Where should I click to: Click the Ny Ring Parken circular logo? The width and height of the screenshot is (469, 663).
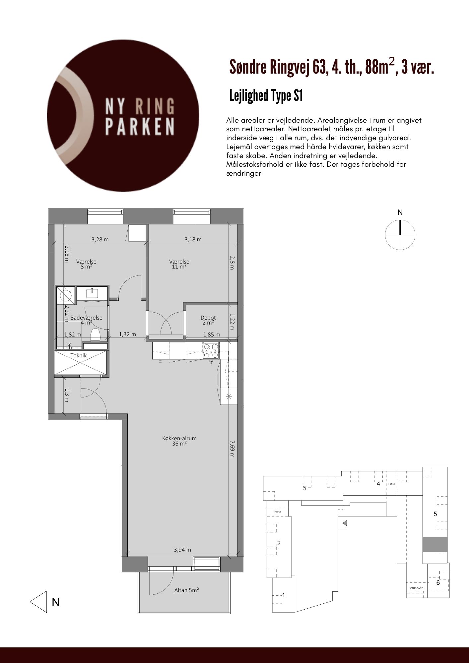pos(123,116)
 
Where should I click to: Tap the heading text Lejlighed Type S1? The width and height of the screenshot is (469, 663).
pos(266,96)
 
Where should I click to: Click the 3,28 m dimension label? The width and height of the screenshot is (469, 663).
pos(100,239)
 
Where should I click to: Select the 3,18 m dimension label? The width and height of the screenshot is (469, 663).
pos(193,239)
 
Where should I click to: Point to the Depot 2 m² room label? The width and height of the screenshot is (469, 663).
pos(208,320)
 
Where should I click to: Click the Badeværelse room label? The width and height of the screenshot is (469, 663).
pos(86,318)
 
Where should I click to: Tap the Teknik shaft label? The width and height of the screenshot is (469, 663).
pos(79,355)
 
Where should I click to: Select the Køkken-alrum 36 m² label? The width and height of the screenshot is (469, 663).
pos(179,441)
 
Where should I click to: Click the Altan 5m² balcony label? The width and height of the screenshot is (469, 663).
pos(186,590)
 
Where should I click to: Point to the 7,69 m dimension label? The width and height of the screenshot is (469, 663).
pos(232,449)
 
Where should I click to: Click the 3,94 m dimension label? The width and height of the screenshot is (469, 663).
pos(182,550)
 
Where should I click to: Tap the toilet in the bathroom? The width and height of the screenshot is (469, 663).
pos(96,334)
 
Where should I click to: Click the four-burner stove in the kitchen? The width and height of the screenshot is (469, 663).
pos(211,351)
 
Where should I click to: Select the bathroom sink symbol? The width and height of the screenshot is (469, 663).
pos(92,293)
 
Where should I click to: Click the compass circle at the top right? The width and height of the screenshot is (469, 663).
pos(400,235)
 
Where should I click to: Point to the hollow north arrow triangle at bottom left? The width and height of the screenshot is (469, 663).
pos(38,601)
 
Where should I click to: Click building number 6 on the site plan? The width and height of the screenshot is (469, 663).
pos(438,582)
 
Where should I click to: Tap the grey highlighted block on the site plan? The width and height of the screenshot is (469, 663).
pos(435,544)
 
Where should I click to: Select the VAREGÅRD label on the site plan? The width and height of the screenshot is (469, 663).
pos(417,588)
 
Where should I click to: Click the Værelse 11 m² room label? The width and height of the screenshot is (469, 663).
pos(179,264)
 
